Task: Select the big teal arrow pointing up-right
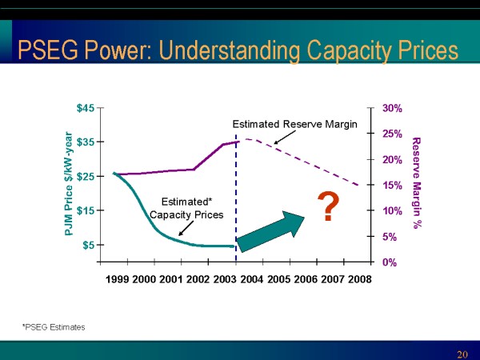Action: point(272,233)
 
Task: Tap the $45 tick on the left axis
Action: point(85,108)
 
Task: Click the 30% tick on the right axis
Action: point(392,108)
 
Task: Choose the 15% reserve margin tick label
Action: point(392,185)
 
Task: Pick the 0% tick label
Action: point(390,262)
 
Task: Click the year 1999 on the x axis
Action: point(117,279)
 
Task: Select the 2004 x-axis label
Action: point(251,279)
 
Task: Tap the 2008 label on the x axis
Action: point(358,279)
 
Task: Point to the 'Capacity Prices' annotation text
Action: point(186,214)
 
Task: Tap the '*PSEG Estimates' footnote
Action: point(54,327)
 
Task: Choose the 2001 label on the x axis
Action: point(170,279)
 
